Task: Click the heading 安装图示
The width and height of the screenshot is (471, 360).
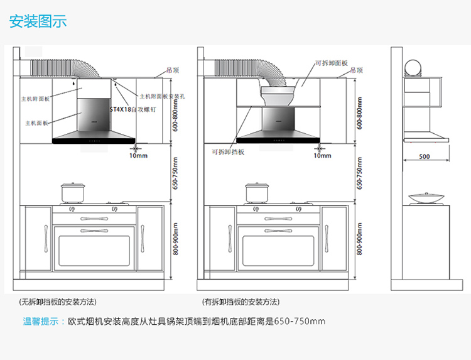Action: click(38, 21)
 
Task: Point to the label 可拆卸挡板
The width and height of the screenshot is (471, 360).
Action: click(228, 152)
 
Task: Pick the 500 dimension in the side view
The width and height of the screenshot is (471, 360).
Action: click(425, 156)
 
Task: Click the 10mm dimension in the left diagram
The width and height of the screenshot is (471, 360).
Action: click(138, 155)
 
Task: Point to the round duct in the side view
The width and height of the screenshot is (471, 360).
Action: click(412, 67)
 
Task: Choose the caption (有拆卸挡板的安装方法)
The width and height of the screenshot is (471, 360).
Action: click(241, 302)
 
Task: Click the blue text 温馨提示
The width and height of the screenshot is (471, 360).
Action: click(43, 322)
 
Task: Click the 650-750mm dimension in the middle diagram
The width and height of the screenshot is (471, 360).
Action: click(359, 173)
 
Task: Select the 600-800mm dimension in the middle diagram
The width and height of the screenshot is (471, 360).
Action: click(359, 113)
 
